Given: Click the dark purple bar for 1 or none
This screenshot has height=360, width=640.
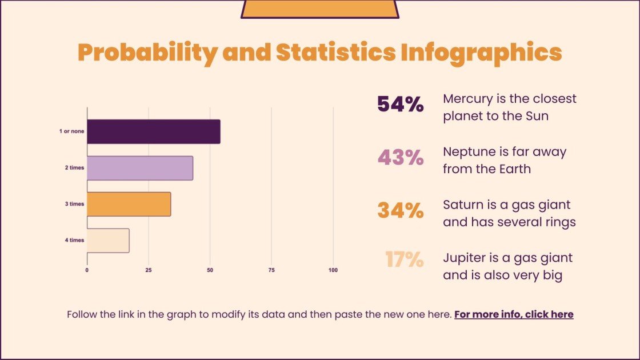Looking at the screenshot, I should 153,132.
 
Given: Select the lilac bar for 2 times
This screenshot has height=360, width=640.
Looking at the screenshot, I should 140,168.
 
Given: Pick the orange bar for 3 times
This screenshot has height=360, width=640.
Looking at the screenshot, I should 129,204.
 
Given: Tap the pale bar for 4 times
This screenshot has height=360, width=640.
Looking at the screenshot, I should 108,241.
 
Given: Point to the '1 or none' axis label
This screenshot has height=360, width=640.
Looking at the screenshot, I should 71,132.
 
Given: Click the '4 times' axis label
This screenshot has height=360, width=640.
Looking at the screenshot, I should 74,241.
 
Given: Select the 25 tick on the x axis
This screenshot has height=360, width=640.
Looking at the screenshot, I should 149,270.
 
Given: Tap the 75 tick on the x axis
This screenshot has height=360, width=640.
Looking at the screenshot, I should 271,270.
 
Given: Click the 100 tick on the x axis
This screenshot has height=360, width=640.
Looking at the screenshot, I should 333,270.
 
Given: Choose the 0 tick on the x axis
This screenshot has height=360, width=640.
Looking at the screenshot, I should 87,270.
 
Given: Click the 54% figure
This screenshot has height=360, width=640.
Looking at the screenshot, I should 400,105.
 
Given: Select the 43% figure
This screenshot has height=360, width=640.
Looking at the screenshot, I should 400,158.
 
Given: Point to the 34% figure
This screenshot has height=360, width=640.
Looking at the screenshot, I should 400,211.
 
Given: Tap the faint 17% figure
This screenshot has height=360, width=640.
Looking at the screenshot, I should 404,260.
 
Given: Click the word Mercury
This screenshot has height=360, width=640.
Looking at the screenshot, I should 466,99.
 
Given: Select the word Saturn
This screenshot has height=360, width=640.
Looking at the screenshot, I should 461,205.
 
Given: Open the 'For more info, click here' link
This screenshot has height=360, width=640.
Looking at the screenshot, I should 514,314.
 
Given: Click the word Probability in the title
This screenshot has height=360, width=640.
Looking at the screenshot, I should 147,53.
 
